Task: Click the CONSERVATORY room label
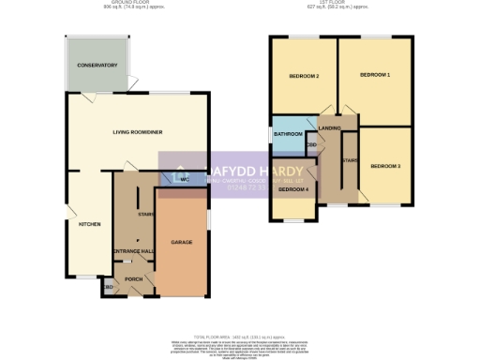98,66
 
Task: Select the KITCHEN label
90,224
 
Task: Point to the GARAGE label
182,242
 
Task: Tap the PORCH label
133,278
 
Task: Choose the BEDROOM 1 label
375,76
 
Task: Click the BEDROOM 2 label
305,76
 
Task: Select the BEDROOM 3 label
384,166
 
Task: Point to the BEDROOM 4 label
293,190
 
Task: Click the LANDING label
330,127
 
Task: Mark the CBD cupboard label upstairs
311,145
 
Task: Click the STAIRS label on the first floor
351,160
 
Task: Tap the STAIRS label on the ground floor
145,215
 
